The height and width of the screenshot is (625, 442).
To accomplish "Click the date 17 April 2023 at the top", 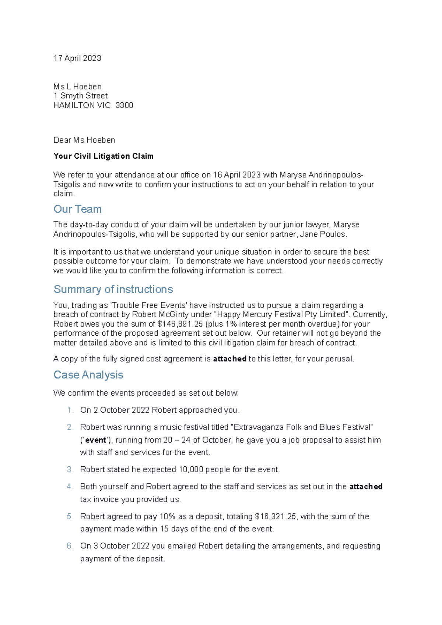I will tap(77, 58).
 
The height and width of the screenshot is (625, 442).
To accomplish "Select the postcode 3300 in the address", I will tap(124, 105).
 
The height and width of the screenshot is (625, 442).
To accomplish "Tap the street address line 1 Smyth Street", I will tap(80, 96).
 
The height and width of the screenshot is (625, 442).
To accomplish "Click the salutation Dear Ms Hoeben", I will tap(84, 140).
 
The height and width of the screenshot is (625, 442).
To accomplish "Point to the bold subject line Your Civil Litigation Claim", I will tap(103, 156).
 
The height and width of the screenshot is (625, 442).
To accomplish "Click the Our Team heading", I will tap(77, 209).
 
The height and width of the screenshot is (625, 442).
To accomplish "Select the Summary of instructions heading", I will tap(113, 289).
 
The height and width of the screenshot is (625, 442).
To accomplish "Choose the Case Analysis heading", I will tap(88, 375).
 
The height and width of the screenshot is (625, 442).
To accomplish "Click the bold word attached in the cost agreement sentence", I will tap(229, 359).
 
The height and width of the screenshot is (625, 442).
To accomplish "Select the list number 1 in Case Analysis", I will tap(70, 410).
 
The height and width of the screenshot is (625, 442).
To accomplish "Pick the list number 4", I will tap(70, 487).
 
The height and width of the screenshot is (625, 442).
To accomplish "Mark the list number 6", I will tap(70, 546).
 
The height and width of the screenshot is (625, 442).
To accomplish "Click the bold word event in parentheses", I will tap(96, 440).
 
